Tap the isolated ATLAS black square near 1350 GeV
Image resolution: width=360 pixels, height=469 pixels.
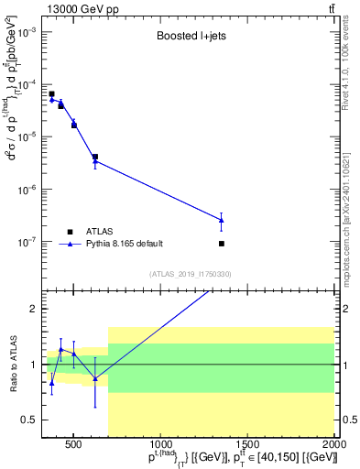222,244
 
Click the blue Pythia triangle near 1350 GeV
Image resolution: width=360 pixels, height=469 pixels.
222,220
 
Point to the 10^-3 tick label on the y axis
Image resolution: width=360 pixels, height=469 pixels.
27,31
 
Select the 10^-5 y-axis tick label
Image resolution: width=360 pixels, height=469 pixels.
27,137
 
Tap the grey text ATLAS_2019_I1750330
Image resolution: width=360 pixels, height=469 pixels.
190,273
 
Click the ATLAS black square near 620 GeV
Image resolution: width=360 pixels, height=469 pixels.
95,157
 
